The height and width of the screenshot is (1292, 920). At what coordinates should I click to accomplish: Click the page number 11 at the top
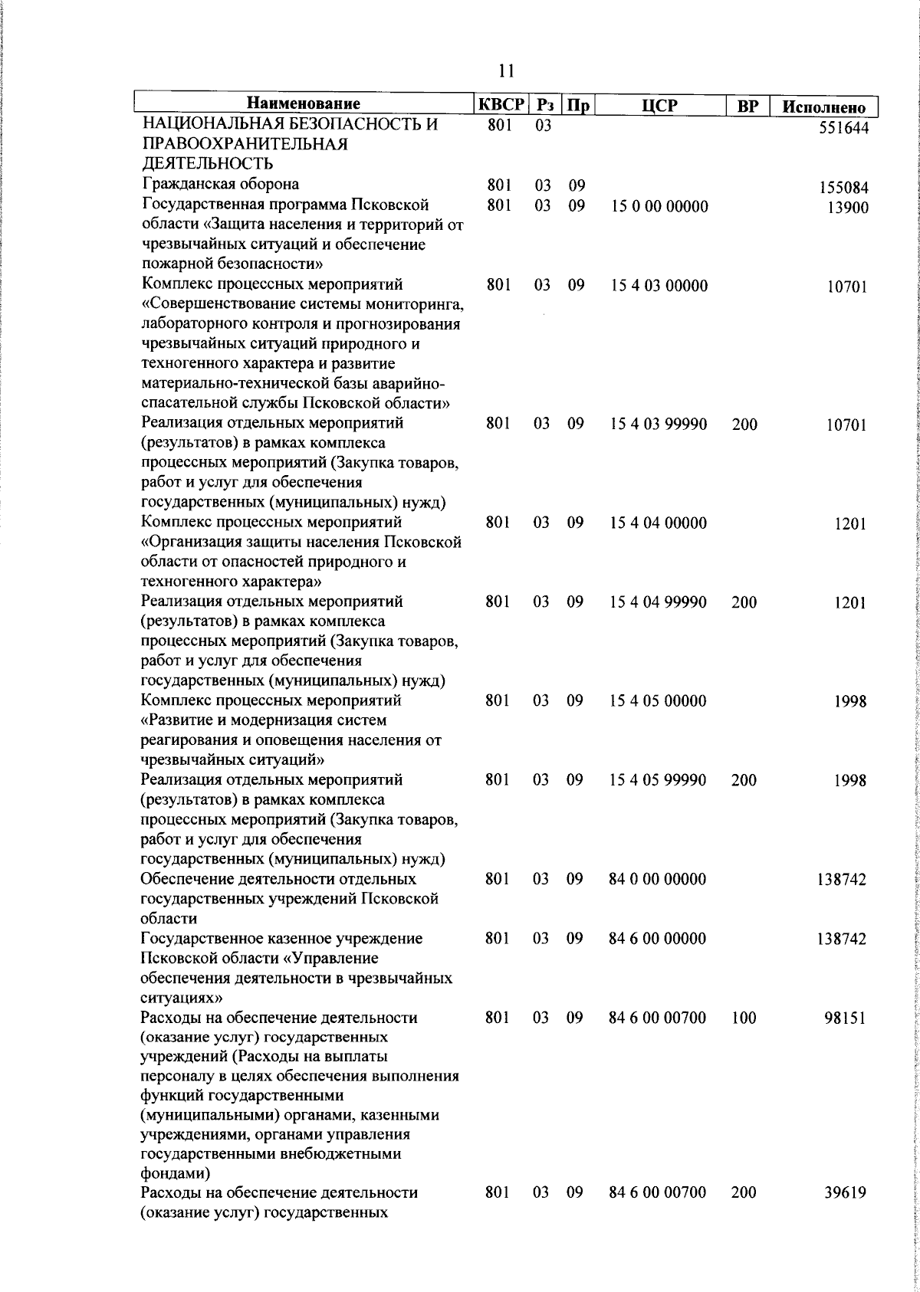506,71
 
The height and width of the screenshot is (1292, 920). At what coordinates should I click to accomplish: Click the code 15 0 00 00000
659,206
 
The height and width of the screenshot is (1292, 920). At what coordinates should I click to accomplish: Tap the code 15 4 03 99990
659,425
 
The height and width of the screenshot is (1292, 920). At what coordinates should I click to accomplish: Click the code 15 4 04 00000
659,523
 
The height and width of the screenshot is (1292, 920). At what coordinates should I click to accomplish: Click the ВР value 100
744,1018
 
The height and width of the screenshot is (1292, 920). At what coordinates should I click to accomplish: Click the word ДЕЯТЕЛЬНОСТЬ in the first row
207,164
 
